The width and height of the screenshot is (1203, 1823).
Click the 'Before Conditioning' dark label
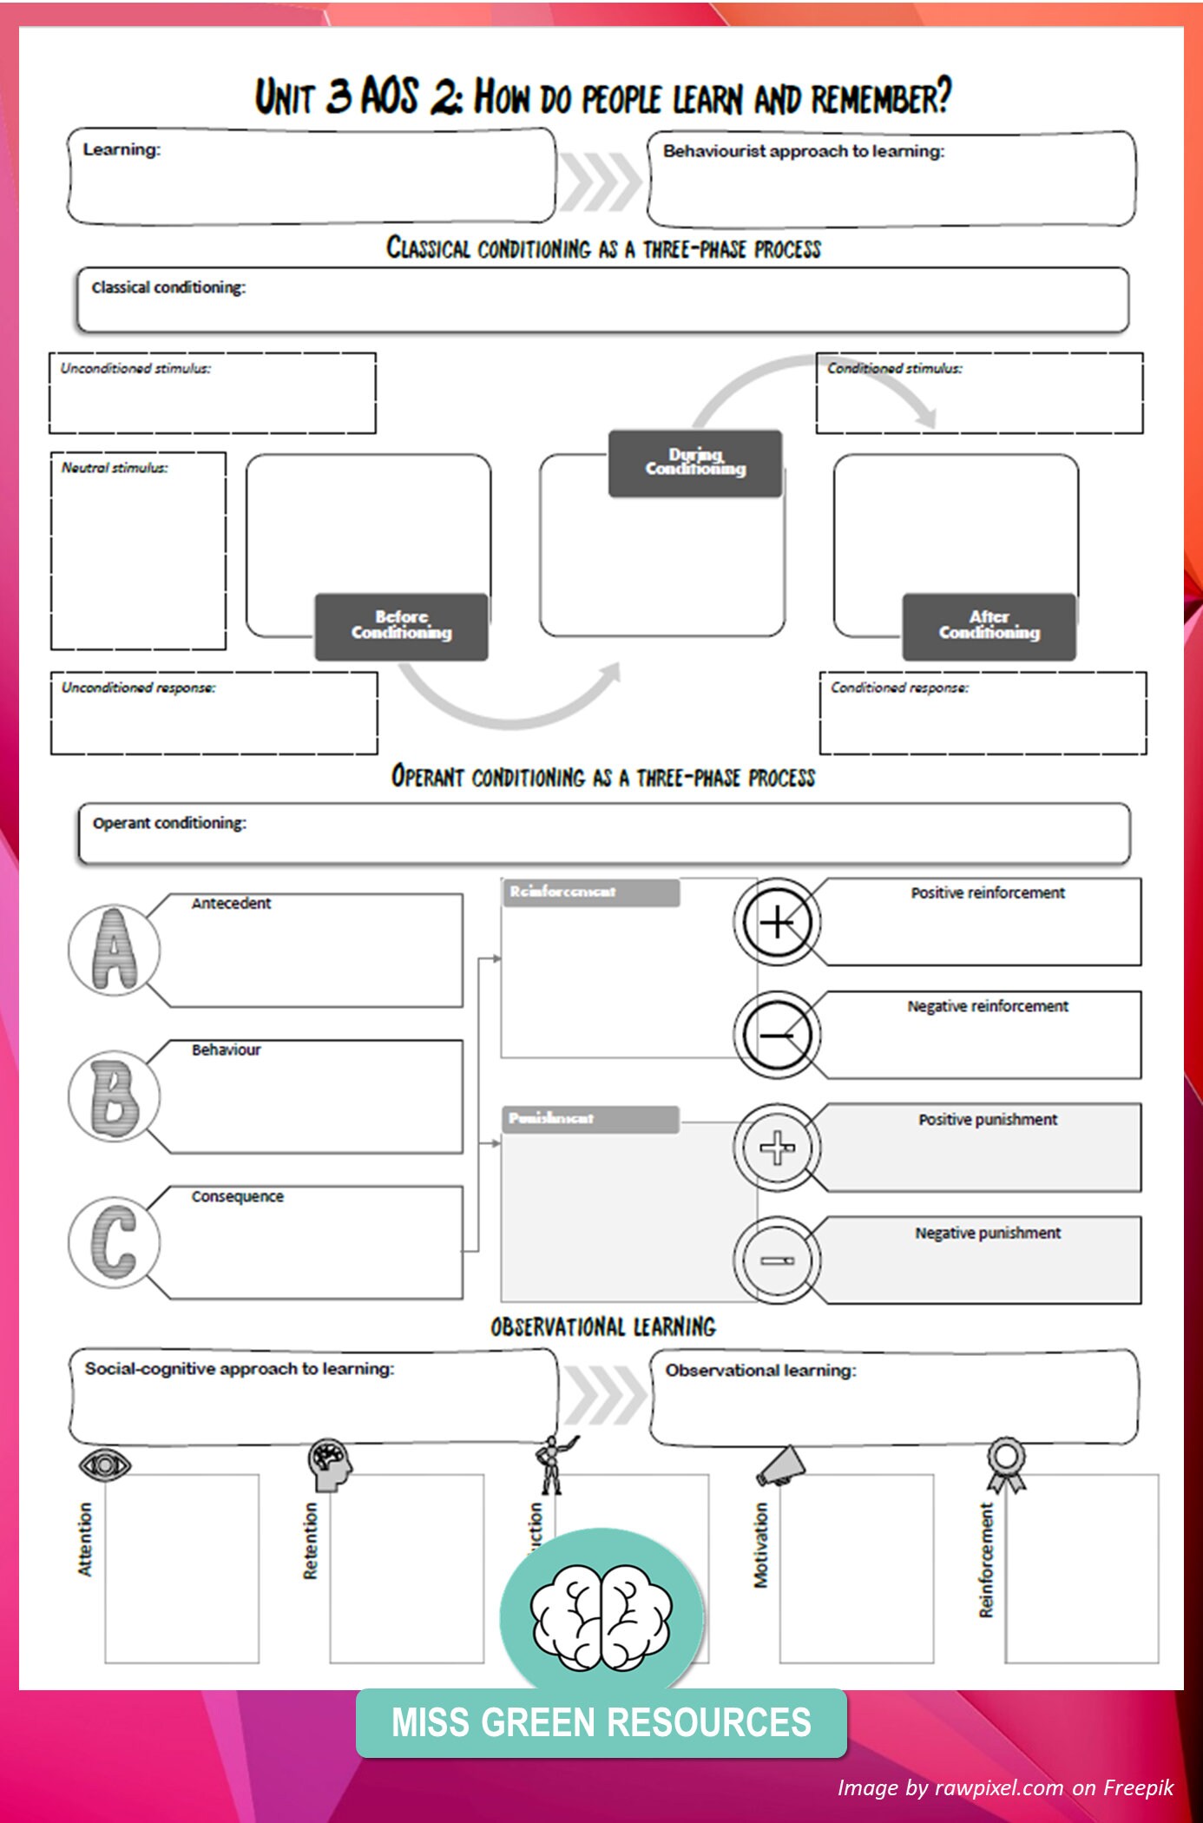(x=401, y=626)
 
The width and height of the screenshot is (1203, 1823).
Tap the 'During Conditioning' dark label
(x=695, y=463)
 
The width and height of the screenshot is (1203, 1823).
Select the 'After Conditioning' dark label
(x=989, y=626)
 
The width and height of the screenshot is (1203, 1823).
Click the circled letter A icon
(x=115, y=949)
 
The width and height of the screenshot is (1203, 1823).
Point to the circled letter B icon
(x=115, y=1096)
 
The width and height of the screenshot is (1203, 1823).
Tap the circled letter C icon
(x=115, y=1241)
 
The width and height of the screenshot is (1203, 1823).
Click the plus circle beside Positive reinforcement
(x=777, y=922)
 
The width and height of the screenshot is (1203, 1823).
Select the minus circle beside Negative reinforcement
(x=777, y=1035)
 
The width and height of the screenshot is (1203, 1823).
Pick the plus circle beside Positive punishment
(x=777, y=1148)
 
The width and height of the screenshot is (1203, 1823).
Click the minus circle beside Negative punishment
(x=777, y=1260)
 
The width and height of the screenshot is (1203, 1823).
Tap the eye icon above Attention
(x=105, y=1465)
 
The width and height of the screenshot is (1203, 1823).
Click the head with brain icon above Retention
(x=330, y=1464)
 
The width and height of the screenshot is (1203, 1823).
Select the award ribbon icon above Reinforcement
(x=1005, y=1464)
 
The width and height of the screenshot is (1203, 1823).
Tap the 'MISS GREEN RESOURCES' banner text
(x=601, y=1723)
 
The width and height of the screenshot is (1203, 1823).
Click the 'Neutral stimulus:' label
(x=115, y=468)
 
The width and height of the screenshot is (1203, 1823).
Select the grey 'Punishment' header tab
(x=590, y=1119)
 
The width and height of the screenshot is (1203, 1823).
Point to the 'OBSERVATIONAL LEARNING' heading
(x=603, y=1327)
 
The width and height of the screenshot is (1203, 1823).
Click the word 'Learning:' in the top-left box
(x=122, y=149)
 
